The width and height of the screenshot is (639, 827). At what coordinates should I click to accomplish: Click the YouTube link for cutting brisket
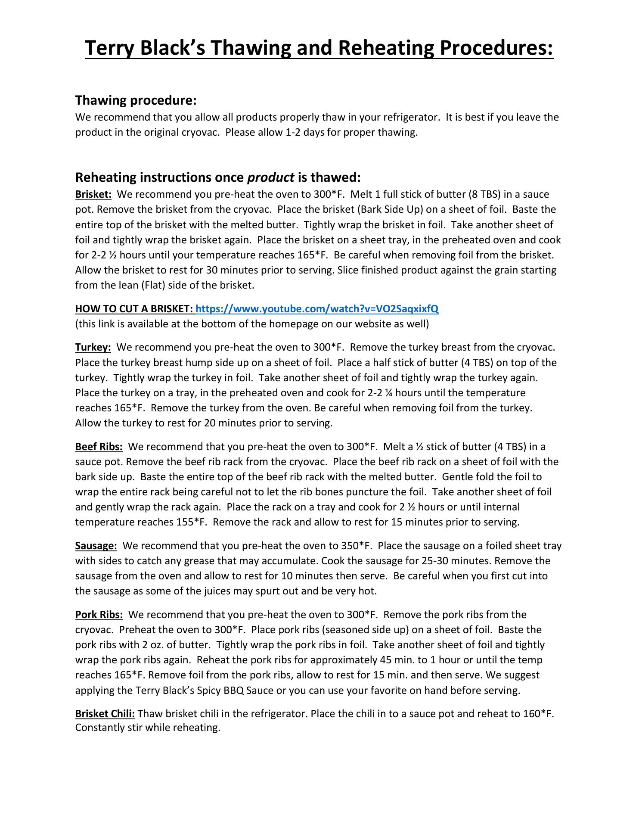(x=317, y=308)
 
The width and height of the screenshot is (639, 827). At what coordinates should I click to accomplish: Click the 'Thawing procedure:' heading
(x=136, y=100)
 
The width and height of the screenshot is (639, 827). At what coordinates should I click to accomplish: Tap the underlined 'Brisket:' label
(x=93, y=194)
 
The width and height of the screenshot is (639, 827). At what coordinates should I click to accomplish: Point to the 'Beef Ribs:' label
(x=99, y=446)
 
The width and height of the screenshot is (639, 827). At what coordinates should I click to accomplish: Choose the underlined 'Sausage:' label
(x=96, y=545)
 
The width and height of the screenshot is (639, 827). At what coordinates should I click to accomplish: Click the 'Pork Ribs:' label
(x=99, y=614)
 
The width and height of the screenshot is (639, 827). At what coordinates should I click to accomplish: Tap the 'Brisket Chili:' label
(x=105, y=713)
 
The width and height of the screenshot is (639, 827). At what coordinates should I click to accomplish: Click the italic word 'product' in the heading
(x=271, y=177)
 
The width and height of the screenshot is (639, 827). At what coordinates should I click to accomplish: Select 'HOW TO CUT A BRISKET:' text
(x=134, y=308)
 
